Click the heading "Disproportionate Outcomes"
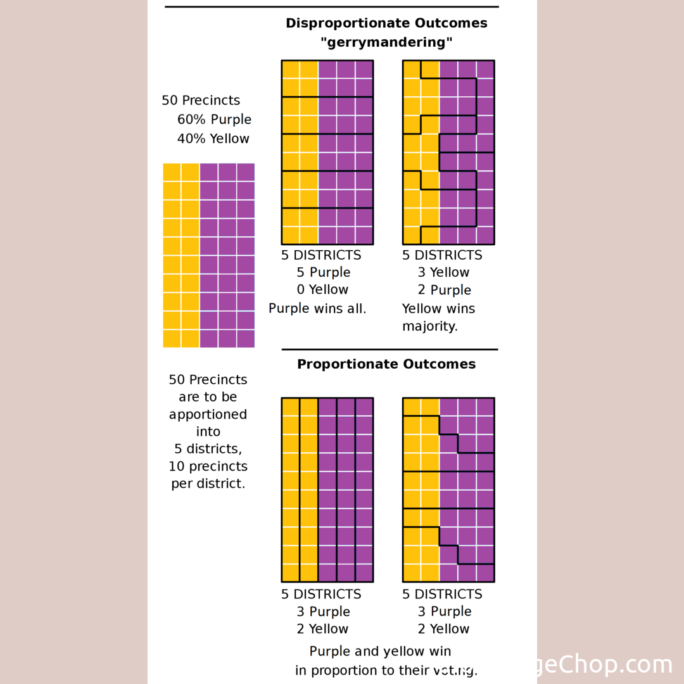386,23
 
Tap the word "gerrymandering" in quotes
386,43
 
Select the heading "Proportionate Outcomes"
386,364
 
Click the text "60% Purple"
214,120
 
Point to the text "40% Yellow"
213,139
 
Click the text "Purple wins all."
317,309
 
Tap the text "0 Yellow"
323,290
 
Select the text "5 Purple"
323,272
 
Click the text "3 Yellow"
443,272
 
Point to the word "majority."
430,327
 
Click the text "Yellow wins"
438,309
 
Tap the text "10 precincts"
208,467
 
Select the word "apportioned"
208,415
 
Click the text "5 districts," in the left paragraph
208,449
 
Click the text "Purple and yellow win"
380,652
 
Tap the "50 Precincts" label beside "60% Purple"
201,101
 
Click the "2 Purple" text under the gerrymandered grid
444,290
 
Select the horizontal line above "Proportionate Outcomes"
389,349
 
